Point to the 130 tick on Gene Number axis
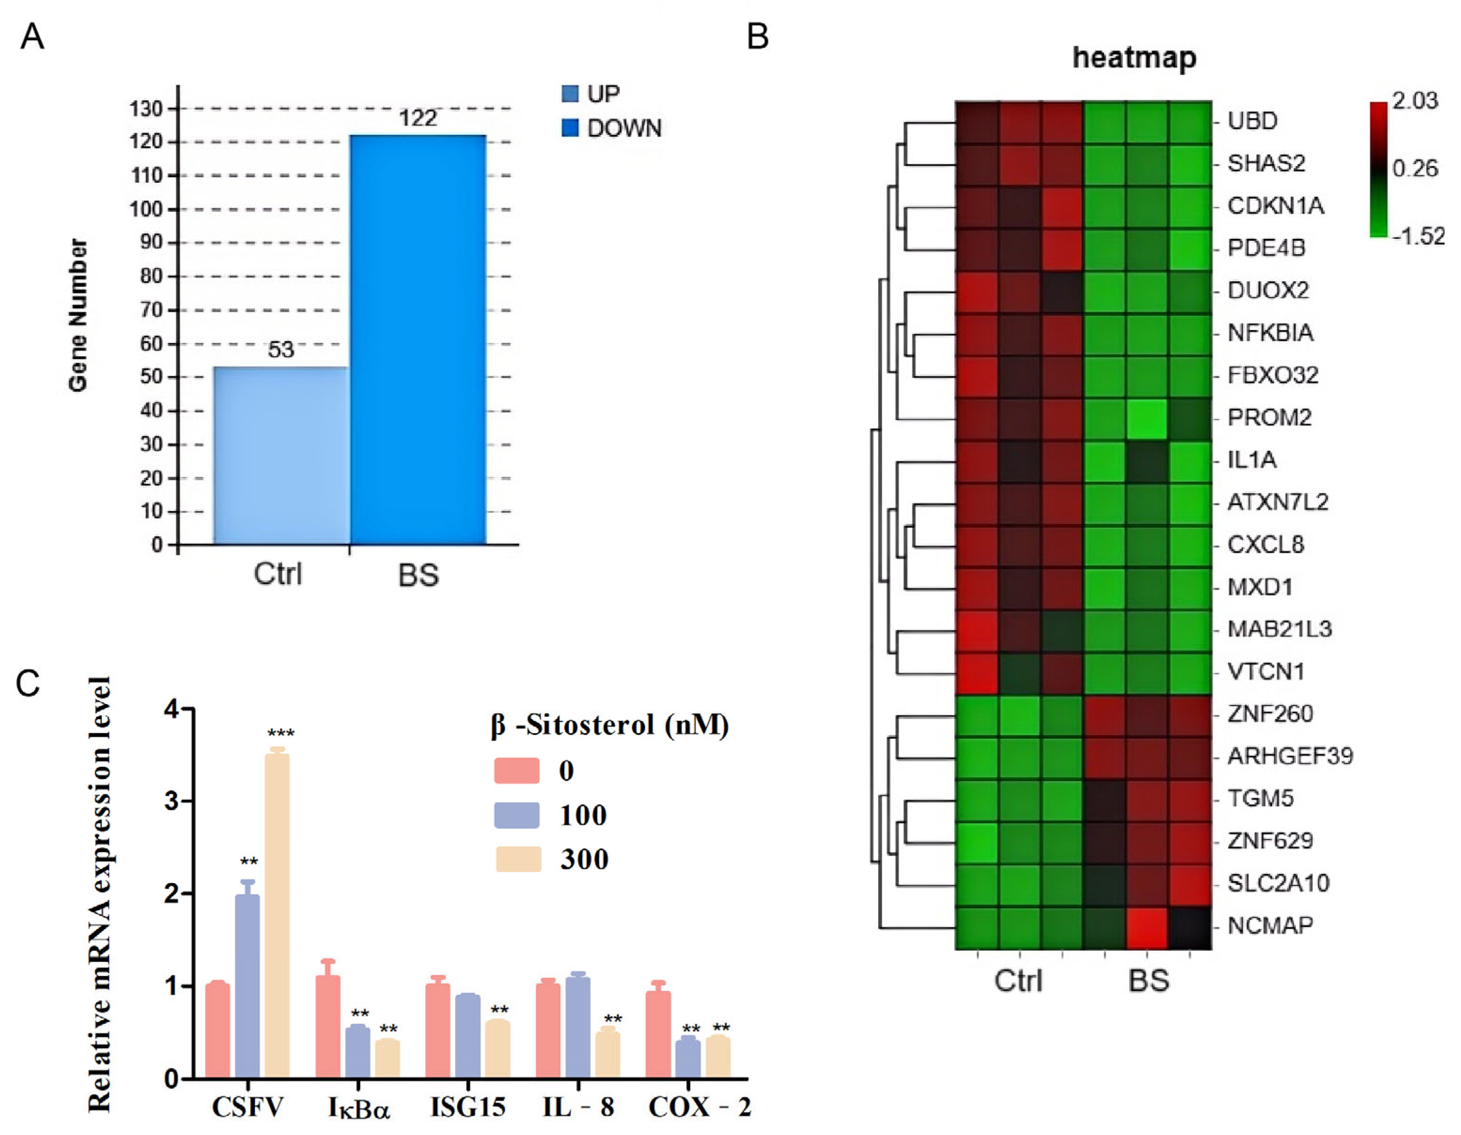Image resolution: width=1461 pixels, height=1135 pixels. [146, 109]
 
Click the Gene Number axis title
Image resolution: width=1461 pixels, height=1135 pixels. [78, 314]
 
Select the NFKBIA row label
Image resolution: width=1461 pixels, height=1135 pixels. [1270, 332]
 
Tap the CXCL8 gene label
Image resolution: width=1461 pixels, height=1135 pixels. [1265, 544]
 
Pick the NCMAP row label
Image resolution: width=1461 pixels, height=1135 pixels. [1270, 926]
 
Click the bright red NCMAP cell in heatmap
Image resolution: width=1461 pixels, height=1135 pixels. [1147, 928]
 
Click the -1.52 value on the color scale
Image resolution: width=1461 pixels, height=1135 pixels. [1418, 235]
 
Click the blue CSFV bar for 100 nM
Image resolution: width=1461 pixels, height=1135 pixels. [248, 986]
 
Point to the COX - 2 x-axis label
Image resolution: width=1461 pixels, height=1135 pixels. [699, 1107]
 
